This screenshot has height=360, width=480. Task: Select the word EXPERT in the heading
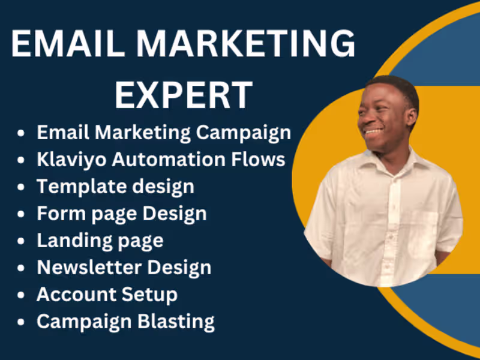pos(184,95)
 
